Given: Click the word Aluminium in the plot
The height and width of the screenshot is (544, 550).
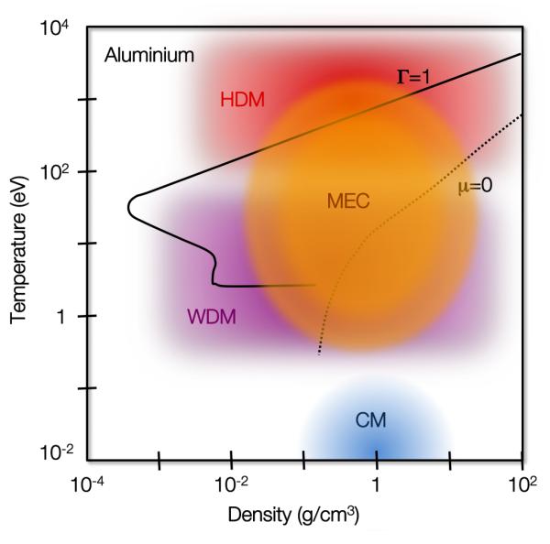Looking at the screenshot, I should [x=148, y=56].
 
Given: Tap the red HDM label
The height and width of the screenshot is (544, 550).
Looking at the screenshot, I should [x=242, y=100].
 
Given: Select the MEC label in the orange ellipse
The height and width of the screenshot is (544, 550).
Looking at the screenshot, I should [x=348, y=202].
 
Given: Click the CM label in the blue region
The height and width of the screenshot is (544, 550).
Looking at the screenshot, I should [x=371, y=420].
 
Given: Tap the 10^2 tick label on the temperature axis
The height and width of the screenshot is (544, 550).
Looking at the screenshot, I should [x=60, y=172].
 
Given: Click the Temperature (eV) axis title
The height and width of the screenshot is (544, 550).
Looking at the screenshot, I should [x=18, y=245].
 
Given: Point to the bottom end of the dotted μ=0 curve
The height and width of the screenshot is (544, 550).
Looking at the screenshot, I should [x=318, y=353].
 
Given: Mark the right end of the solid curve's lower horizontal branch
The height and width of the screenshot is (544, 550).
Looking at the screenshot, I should [x=315, y=285].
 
